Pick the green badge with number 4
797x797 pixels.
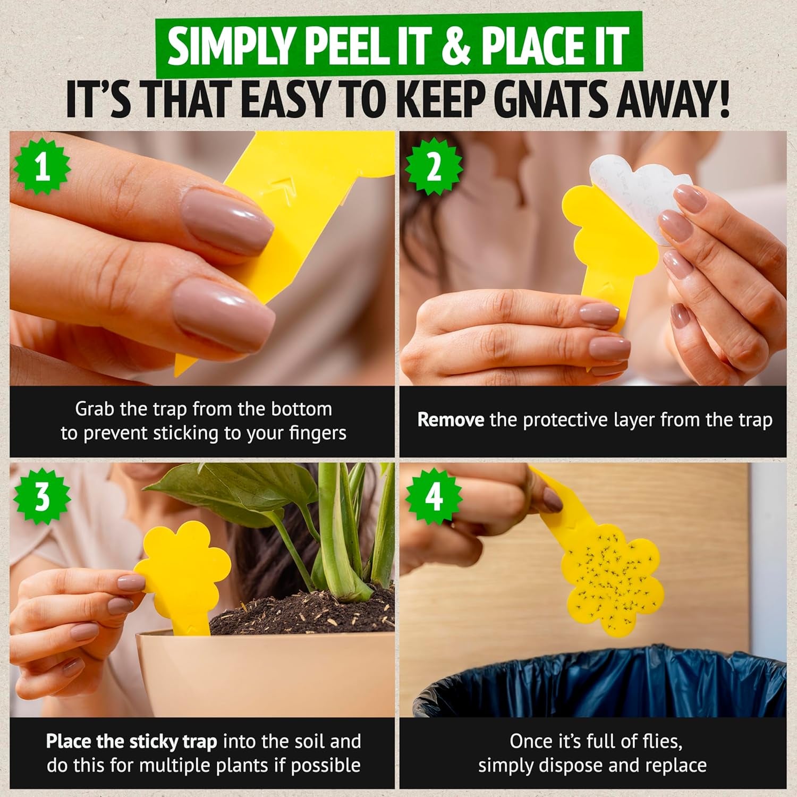pyautogui.click(x=433, y=497)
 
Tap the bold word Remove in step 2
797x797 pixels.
pyautogui.click(x=451, y=420)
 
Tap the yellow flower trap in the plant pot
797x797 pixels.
pyautogui.click(x=183, y=569)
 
